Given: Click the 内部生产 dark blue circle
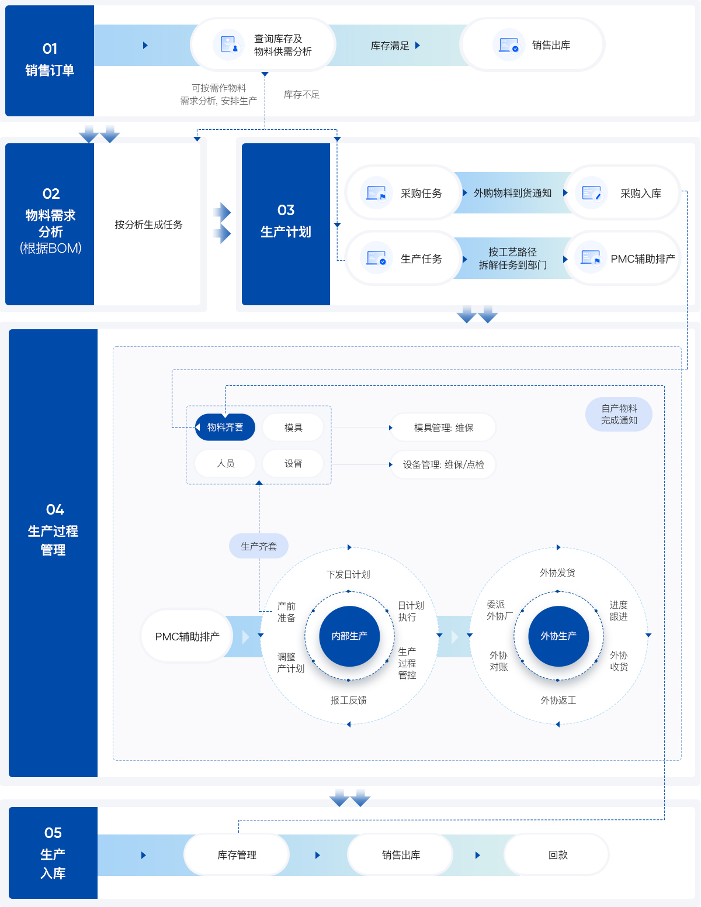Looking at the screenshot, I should coord(349,636).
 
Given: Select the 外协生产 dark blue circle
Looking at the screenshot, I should coord(558,636).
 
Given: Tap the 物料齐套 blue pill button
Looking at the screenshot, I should coord(225,427).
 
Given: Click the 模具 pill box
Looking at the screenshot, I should coord(293,427).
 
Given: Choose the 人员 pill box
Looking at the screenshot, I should coord(225,464).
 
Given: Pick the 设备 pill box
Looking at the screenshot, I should coord(293,464).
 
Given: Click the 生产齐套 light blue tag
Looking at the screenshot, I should coord(259,546).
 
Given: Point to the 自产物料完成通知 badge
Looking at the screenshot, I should coord(619,414).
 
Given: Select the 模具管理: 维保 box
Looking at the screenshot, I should coord(443,427).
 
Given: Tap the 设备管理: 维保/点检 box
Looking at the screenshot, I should coord(443,465).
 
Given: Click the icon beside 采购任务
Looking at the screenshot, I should coord(376,193).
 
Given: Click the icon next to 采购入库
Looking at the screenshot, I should coord(591,193).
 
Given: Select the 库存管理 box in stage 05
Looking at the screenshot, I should coord(237,855).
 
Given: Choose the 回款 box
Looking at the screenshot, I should coord(557,855).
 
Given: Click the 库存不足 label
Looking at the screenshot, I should coord(301,95).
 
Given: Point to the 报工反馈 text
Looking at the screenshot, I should coord(348,700).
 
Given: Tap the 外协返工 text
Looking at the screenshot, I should coord(558,700).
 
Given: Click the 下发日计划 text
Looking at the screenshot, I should coord(348,574).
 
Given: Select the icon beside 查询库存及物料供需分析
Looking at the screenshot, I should coord(228,45).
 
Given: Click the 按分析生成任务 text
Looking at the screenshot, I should coord(148,225).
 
